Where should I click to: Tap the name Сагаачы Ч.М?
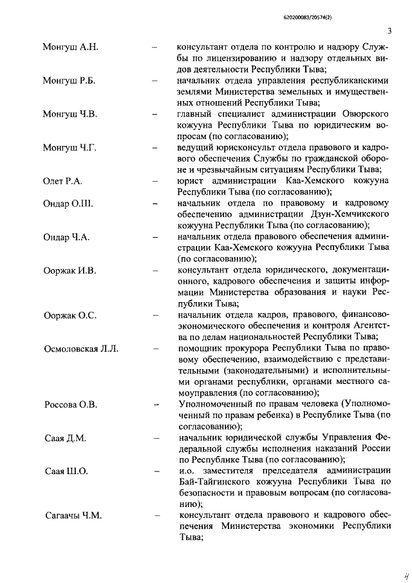74,515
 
